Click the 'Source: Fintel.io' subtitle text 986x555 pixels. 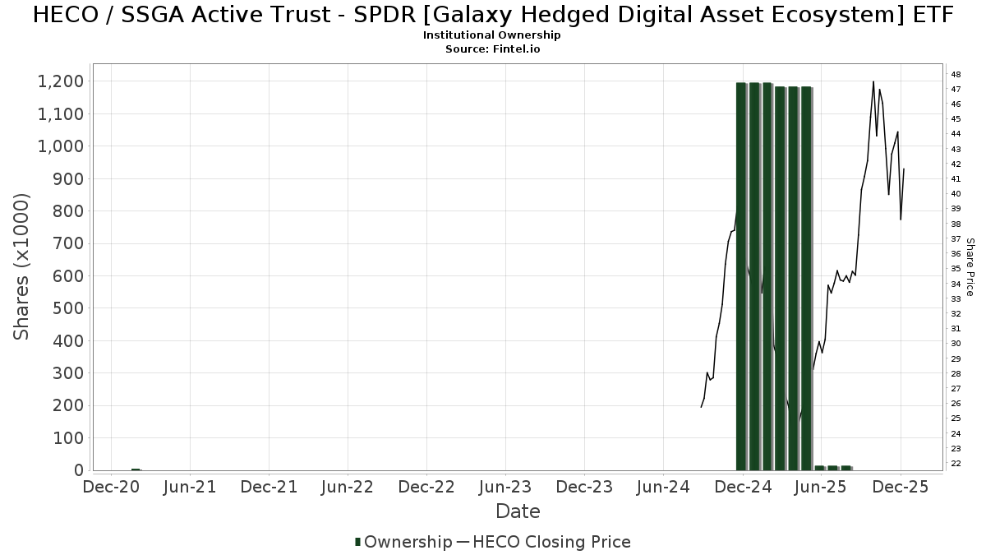tap(493, 49)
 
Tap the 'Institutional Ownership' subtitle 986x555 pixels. tap(493, 35)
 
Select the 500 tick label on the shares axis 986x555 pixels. tap(67, 308)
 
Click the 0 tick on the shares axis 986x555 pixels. tap(79, 470)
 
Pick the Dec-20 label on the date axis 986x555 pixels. tap(111, 487)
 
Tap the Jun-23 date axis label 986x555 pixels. tap(505, 487)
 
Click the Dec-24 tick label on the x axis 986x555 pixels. tap(743, 487)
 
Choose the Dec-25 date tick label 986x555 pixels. tap(901, 487)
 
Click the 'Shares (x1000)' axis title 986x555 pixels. tap(22, 266)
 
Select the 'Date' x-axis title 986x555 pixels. tap(518, 511)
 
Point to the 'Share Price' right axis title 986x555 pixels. tap(970, 267)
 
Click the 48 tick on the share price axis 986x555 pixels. tap(956, 74)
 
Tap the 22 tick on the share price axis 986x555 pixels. tap(956, 464)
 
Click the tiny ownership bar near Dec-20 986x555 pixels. tap(136, 469)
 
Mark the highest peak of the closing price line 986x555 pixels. tap(873, 81)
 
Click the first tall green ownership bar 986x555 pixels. tap(741, 275)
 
